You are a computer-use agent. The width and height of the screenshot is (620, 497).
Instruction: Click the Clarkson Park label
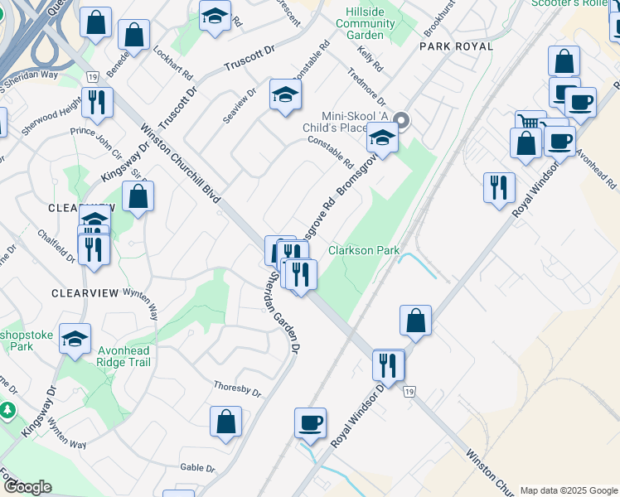pyautogui.click(x=364, y=250)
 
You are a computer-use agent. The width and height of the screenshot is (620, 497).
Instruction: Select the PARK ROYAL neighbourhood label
pyautogui.click(x=456, y=46)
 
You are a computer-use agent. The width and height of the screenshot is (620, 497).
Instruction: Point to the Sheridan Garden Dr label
pyautogui.click(x=281, y=316)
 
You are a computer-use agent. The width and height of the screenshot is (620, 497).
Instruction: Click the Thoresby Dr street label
pyautogui.click(x=237, y=387)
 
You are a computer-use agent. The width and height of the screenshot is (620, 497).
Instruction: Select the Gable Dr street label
pyautogui.click(x=197, y=468)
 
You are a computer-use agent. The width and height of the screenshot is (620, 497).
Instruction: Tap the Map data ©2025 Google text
pyautogui.click(x=569, y=490)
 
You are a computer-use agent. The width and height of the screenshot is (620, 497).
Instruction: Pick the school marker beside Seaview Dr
pyautogui.click(x=284, y=96)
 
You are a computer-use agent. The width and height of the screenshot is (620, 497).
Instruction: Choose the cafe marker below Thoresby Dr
pyautogui.click(x=310, y=422)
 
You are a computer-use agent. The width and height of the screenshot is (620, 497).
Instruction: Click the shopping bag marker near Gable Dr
pyautogui.click(x=225, y=422)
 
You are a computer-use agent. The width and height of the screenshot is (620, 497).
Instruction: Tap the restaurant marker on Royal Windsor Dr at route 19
pyautogui.click(x=387, y=364)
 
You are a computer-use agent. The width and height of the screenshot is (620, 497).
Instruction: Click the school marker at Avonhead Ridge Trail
pyautogui.click(x=75, y=339)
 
